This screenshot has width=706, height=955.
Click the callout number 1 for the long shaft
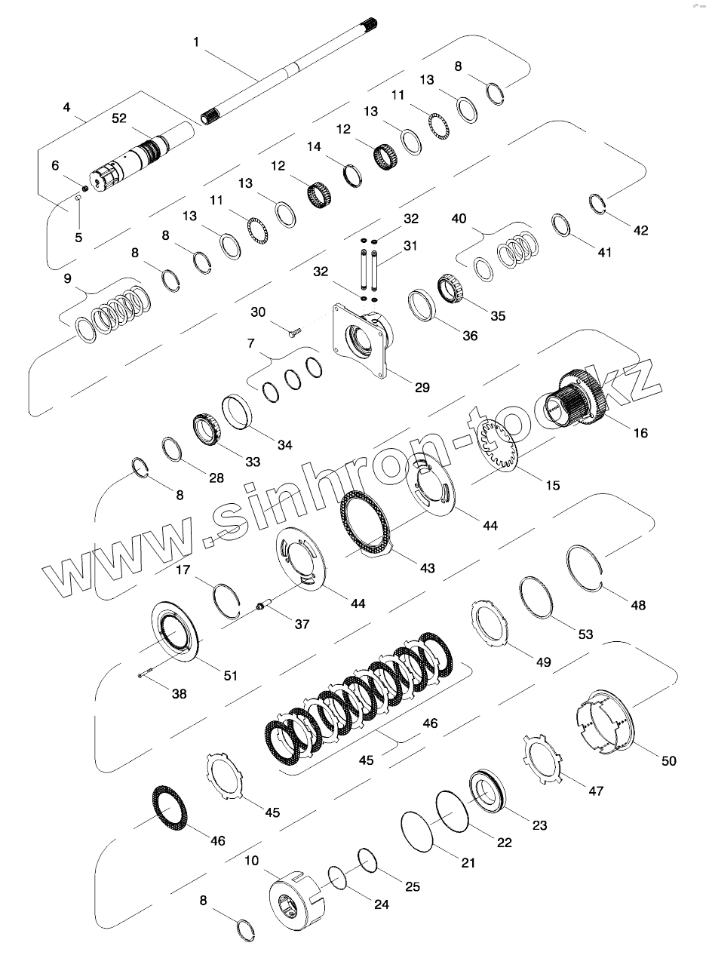pyautogui.click(x=196, y=42)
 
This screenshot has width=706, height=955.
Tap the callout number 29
pyautogui.click(x=422, y=387)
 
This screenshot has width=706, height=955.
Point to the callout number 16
pyautogui.click(x=640, y=433)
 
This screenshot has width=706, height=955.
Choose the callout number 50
pyautogui.click(x=668, y=761)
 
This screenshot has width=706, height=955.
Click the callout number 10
pyautogui.click(x=251, y=860)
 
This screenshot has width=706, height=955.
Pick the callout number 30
pyautogui.click(x=258, y=312)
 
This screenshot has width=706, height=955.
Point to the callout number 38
pyautogui.click(x=178, y=692)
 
